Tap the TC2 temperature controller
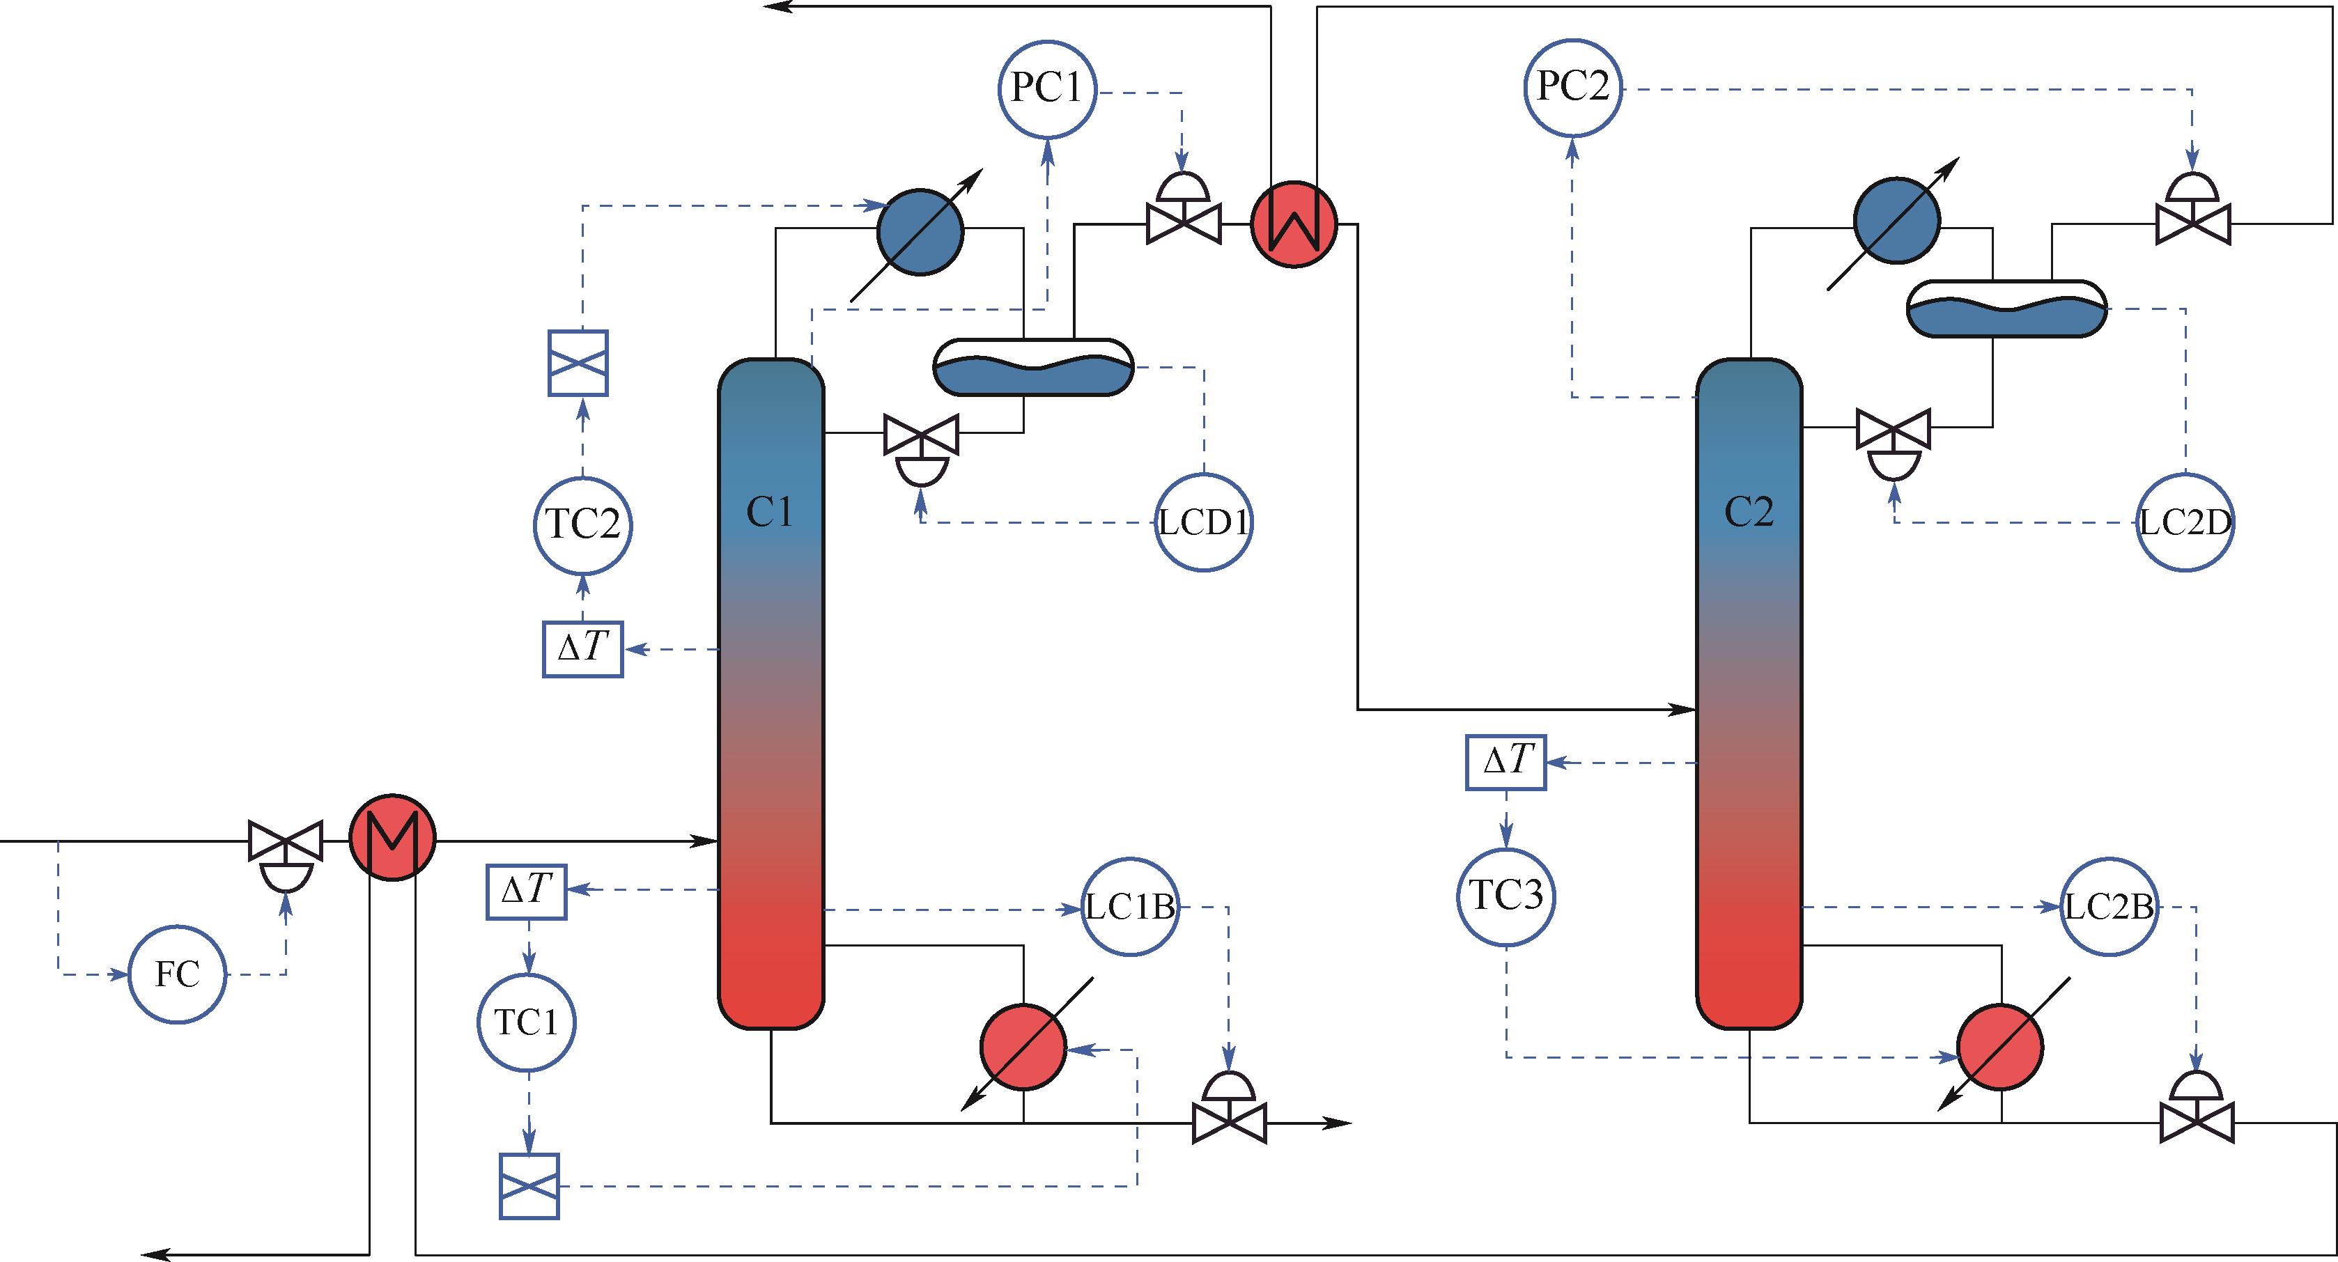(x=582, y=525)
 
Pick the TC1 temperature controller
(x=527, y=1022)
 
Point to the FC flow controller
(x=177, y=974)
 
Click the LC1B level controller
(x=1131, y=907)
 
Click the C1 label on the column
(x=770, y=513)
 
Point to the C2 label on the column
(x=1748, y=513)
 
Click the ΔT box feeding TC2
(x=582, y=648)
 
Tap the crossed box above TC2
(x=578, y=363)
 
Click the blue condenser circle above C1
(x=920, y=231)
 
